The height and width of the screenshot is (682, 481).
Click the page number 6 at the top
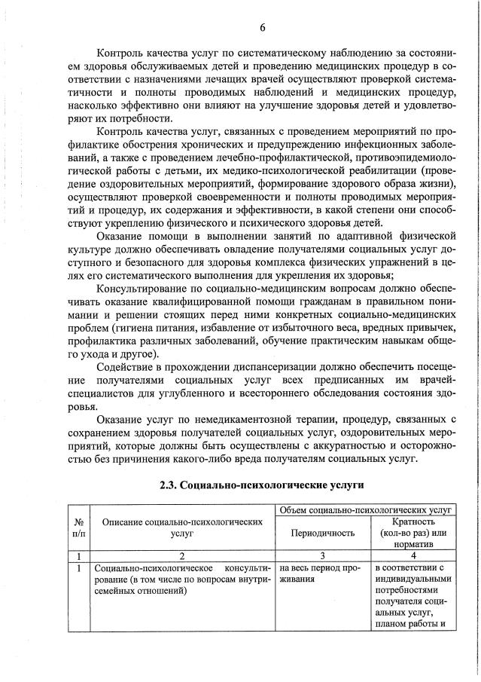[263, 28]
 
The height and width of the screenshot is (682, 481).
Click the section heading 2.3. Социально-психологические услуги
[262, 485]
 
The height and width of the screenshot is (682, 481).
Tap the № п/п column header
[78, 526]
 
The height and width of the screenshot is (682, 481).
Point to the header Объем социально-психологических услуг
[365, 510]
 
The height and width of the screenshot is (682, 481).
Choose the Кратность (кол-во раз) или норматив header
[413, 532]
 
